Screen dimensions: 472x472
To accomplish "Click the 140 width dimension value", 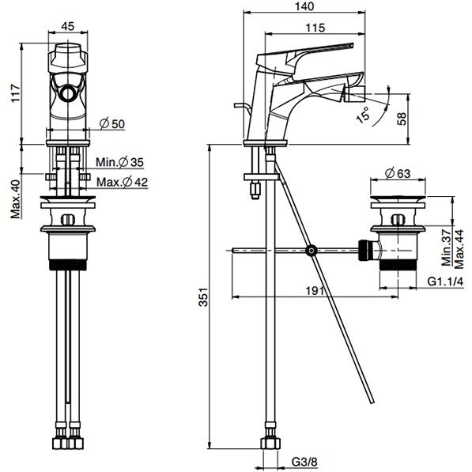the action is click(x=304, y=6).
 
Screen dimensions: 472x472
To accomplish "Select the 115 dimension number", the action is click(x=315, y=28).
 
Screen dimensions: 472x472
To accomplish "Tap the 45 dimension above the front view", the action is click(x=68, y=26).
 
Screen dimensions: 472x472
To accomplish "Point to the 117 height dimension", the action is click(x=16, y=93).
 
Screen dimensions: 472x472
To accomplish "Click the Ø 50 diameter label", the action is click(x=112, y=123).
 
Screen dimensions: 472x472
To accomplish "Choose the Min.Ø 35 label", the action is click(x=120, y=162).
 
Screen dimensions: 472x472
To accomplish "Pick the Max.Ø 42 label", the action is click(x=123, y=182).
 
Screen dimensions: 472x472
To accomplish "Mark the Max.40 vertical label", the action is click(x=16, y=199).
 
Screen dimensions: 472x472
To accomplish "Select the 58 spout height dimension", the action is click(x=402, y=119).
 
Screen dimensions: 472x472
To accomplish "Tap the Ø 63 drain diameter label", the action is click(x=398, y=173).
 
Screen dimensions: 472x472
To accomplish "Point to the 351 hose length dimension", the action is click(x=204, y=297).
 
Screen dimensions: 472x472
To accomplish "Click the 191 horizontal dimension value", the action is click(x=315, y=291).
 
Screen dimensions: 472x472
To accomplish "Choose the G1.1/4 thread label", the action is click(x=445, y=281).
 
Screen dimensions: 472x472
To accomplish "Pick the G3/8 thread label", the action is click(x=304, y=462).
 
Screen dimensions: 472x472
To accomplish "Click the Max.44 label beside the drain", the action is click(x=459, y=249).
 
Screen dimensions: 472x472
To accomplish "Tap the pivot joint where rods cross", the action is click(x=312, y=250).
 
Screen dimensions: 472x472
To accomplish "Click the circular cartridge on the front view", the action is click(x=68, y=93).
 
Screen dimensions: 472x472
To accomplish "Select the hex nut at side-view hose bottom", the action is click(x=270, y=444).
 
